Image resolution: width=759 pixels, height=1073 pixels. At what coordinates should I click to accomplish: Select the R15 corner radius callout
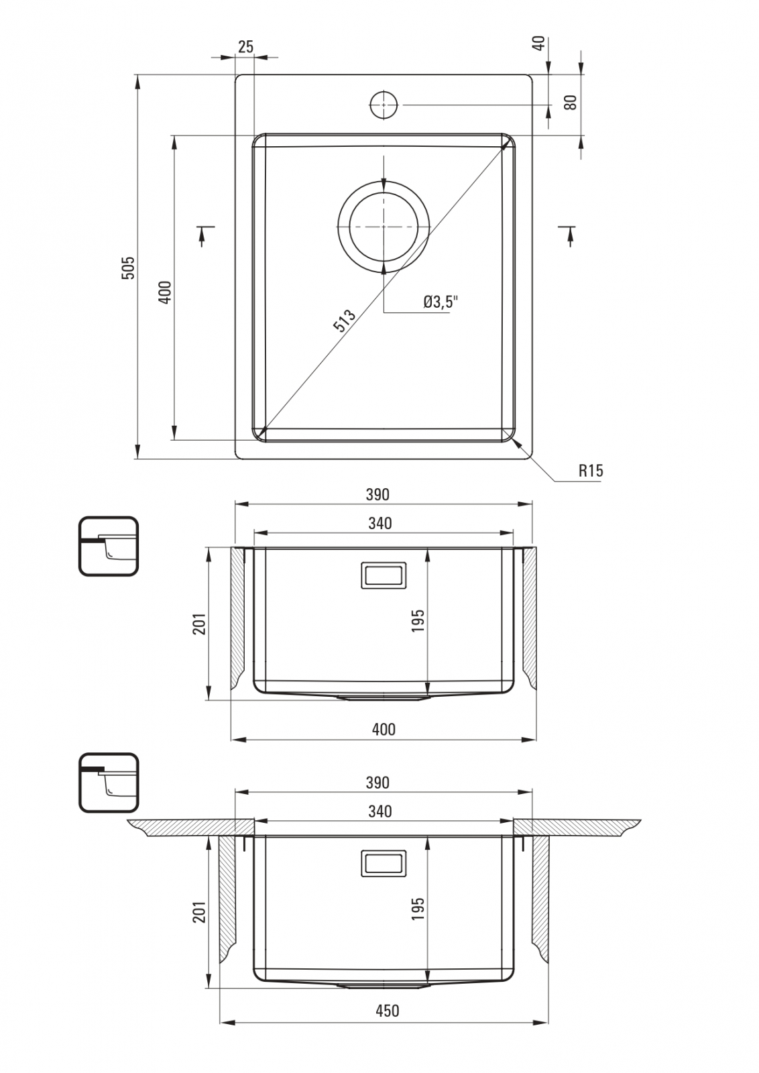[591, 470]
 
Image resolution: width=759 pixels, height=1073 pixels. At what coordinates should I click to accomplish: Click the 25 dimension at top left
[245, 47]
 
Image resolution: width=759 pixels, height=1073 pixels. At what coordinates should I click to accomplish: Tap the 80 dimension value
[571, 103]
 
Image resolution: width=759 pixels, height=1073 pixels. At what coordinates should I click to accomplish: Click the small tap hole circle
[384, 105]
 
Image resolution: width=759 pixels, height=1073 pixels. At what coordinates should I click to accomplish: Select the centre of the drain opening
[384, 227]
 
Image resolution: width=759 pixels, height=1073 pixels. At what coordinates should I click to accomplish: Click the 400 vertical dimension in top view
[164, 292]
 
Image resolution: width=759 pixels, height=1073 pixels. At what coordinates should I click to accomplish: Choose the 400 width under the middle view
[384, 730]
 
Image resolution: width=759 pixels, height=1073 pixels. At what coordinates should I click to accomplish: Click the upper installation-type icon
[108, 546]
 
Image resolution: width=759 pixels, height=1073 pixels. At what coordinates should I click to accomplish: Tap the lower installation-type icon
[108, 783]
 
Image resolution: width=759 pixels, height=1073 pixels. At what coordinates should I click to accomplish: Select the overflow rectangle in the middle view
[384, 575]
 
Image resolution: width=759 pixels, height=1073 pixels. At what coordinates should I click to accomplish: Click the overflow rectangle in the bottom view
[384, 864]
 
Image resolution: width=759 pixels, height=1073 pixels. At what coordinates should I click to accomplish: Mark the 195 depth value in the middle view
[418, 620]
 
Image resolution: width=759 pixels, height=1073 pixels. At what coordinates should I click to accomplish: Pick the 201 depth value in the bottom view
[199, 911]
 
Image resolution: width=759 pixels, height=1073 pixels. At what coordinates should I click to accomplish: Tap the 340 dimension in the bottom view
[380, 811]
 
